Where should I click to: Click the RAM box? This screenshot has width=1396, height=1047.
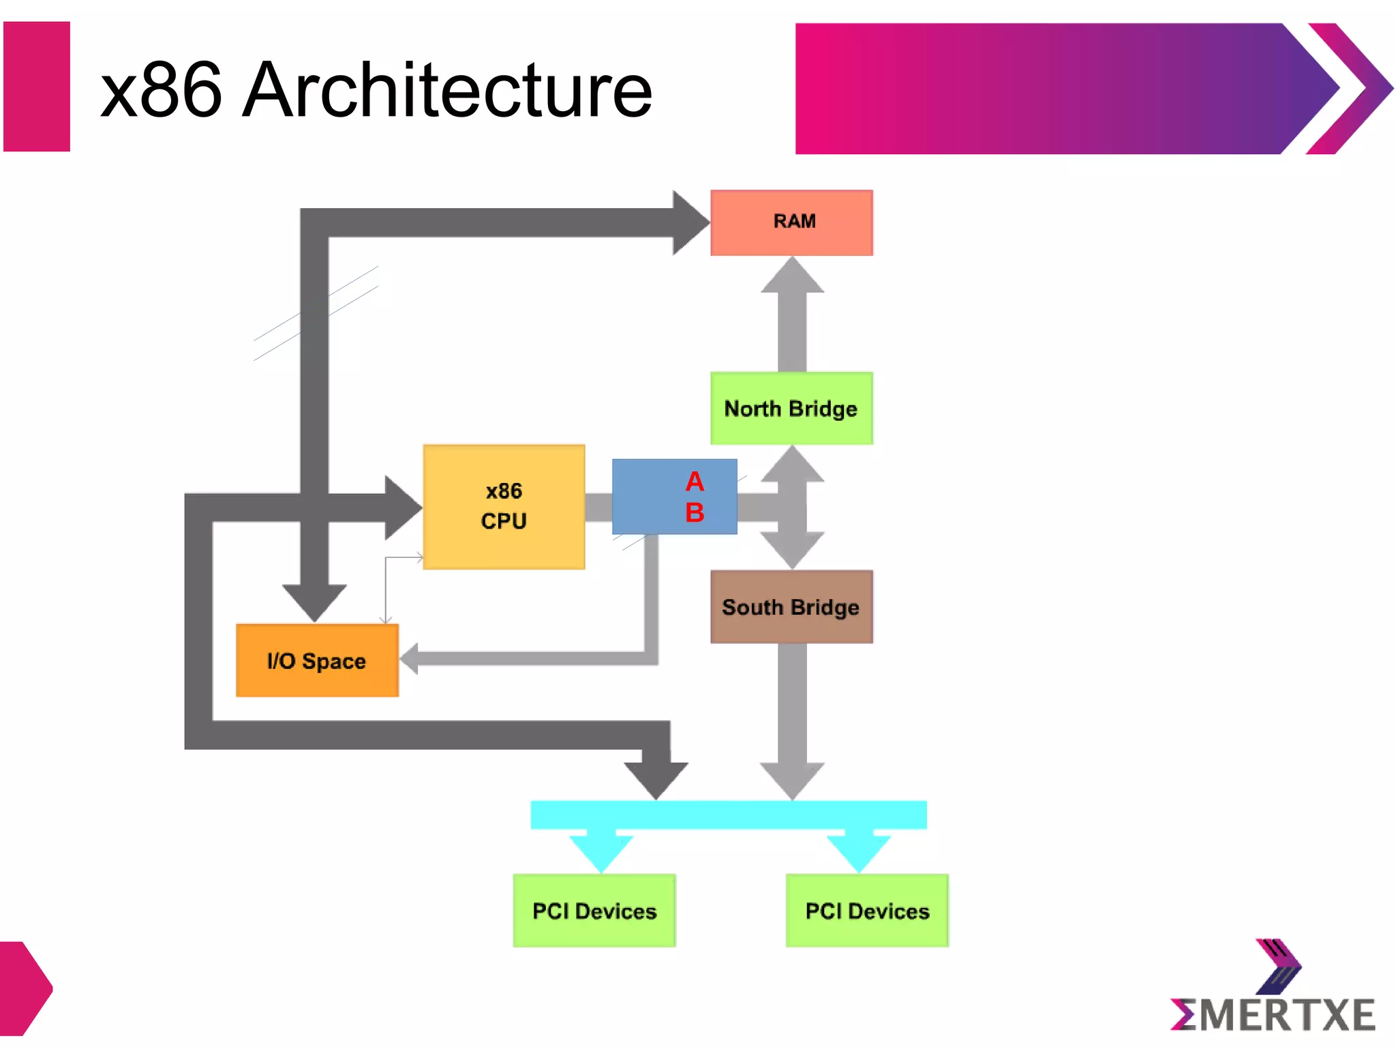(x=791, y=222)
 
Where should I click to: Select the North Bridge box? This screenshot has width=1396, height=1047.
(x=791, y=408)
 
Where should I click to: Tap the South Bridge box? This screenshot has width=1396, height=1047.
(x=791, y=606)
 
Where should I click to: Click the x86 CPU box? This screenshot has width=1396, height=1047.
(x=504, y=506)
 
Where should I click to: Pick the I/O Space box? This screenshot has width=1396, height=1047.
(x=317, y=660)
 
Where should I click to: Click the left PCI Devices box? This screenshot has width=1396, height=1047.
(x=594, y=910)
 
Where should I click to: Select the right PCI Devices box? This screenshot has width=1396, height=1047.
(x=866, y=910)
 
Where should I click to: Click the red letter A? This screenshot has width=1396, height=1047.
(x=695, y=482)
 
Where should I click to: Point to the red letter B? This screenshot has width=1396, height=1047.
(x=695, y=512)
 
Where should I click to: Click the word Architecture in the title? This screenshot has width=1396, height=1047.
(x=447, y=89)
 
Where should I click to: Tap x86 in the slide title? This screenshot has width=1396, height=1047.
(x=161, y=89)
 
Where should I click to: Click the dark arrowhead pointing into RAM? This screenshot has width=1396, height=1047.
(x=688, y=222)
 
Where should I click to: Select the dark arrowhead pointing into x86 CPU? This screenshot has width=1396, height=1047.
(x=401, y=507)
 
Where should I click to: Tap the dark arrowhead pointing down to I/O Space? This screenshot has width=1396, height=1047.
(x=314, y=602)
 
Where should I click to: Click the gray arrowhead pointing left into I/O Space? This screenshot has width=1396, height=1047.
(x=410, y=658)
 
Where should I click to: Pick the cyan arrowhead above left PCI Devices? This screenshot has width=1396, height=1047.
(x=601, y=853)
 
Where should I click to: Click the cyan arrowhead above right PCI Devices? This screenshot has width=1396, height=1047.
(x=858, y=853)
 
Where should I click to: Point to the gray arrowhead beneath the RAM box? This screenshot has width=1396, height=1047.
(x=792, y=276)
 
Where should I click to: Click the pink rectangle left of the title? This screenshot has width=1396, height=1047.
(x=37, y=87)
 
